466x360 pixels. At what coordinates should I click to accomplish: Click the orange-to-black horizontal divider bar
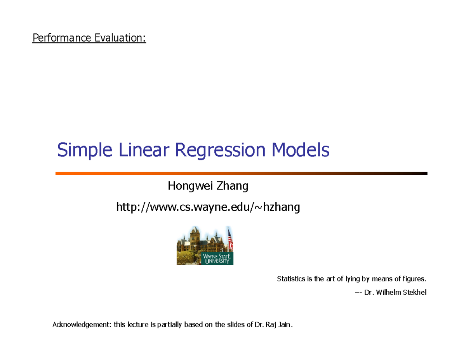pyautogui.click(x=241, y=173)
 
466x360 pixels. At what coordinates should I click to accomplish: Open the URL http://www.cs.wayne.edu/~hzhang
pyautogui.click(x=208, y=208)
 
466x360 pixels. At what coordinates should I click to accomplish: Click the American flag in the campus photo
pyautogui.click(x=230, y=239)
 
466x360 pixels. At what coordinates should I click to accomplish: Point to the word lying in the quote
pyautogui.click(x=352, y=279)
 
